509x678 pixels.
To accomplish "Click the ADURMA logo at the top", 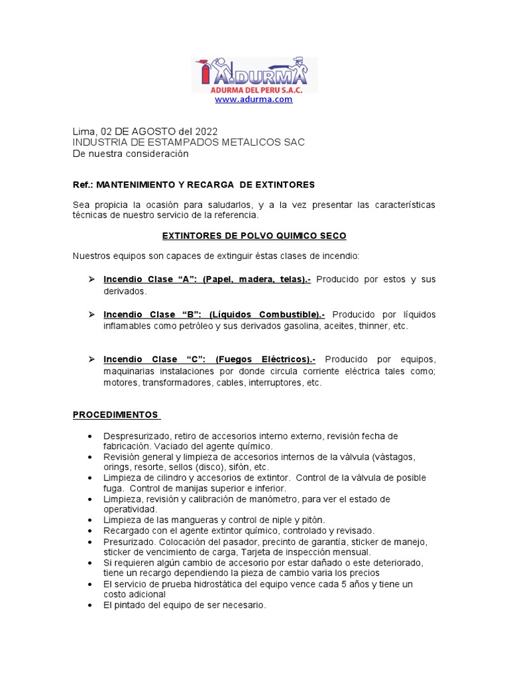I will click(x=254, y=74).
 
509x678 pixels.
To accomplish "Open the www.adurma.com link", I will click(x=254, y=99).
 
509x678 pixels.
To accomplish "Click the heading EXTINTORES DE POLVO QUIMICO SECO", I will click(x=254, y=235).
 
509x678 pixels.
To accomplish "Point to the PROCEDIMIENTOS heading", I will click(x=116, y=415).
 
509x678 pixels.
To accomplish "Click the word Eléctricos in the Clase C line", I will click(x=286, y=359).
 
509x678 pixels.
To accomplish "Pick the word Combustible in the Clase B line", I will click(x=290, y=315).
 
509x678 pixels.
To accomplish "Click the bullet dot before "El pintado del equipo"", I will click(x=89, y=605).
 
